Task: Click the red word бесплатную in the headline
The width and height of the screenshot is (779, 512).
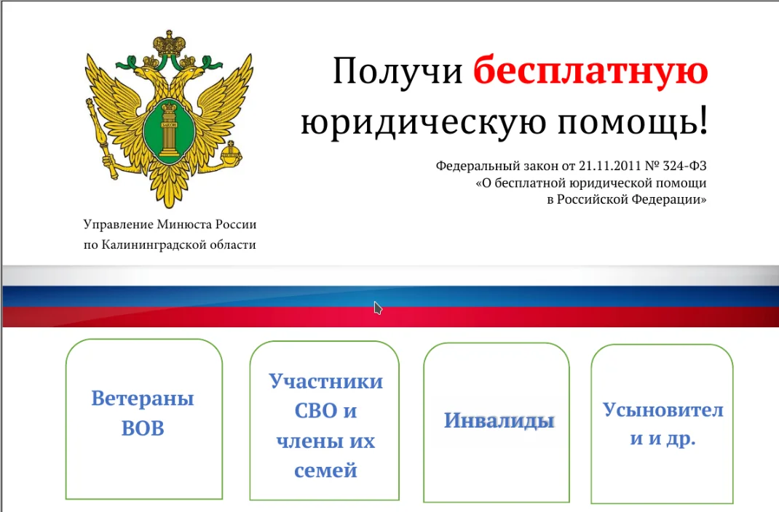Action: [x=590, y=72]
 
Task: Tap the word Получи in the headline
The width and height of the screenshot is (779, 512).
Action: [x=398, y=72]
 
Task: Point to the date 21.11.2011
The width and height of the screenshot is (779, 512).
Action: [x=612, y=166]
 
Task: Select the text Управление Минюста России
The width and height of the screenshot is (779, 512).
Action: [x=170, y=225]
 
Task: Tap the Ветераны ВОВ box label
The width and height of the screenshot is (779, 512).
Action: [x=143, y=413]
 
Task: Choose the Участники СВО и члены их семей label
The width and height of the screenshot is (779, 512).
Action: [x=325, y=425]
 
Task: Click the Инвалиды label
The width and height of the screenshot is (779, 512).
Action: [x=499, y=420]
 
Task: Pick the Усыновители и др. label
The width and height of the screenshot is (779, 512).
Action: [x=663, y=424]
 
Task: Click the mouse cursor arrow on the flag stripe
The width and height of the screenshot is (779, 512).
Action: [x=378, y=308]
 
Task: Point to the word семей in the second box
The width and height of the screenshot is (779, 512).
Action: [x=325, y=471]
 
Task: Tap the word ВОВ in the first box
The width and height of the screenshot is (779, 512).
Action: [x=143, y=428]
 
